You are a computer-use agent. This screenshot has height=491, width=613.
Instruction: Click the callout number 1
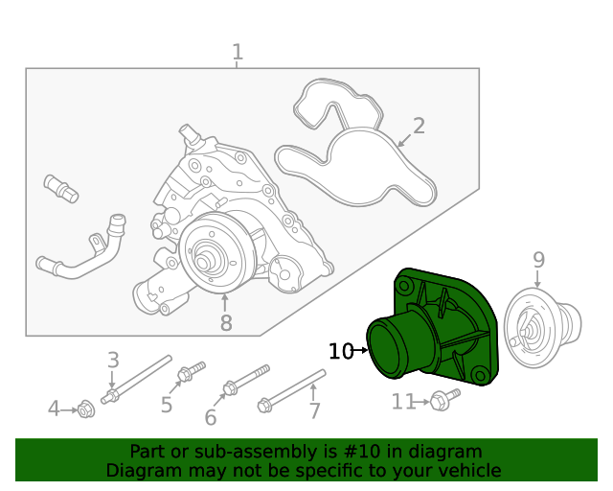(x=238, y=52)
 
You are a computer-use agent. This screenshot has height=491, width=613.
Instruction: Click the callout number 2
(x=419, y=126)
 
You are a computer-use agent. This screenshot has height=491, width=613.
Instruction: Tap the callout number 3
(x=113, y=361)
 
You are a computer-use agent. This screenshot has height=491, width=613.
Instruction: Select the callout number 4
(x=55, y=409)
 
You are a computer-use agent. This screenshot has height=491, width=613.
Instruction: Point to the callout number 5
(x=167, y=405)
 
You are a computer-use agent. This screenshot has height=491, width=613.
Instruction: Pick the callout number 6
(x=210, y=417)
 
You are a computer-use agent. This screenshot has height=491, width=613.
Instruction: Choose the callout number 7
(x=314, y=411)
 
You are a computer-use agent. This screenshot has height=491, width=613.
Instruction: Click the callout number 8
(x=226, y=323)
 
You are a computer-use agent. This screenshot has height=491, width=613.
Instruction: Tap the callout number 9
(x=538, y=259)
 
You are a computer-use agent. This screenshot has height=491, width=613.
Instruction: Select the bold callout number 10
(x=341, y=352)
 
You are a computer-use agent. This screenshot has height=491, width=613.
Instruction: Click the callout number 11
(x=403, y=402)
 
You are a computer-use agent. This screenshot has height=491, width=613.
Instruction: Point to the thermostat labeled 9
(x=542, y=328)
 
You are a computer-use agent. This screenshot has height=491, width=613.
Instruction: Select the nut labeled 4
(x=84, y=410)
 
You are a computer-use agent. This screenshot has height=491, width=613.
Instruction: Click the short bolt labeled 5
(x=192, y=370)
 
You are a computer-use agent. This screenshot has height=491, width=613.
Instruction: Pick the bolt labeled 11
(x=441, y=402)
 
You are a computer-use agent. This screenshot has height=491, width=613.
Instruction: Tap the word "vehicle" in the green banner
(x=466, y=470)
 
